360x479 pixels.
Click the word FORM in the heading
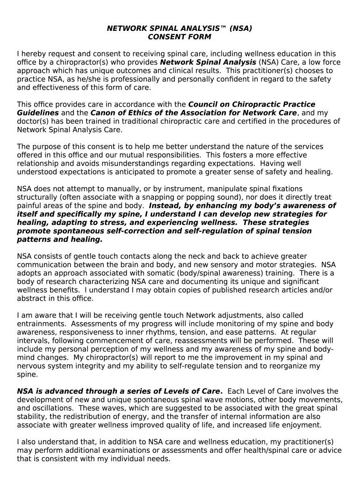pyautogui.click(x=199, y=37)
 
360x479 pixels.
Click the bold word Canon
pyautogui.click(x=103, y=113)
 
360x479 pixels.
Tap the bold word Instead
pyautogui.click(x=165, y=205)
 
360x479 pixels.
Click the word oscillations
pyautogui.click(x=51, y=408)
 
